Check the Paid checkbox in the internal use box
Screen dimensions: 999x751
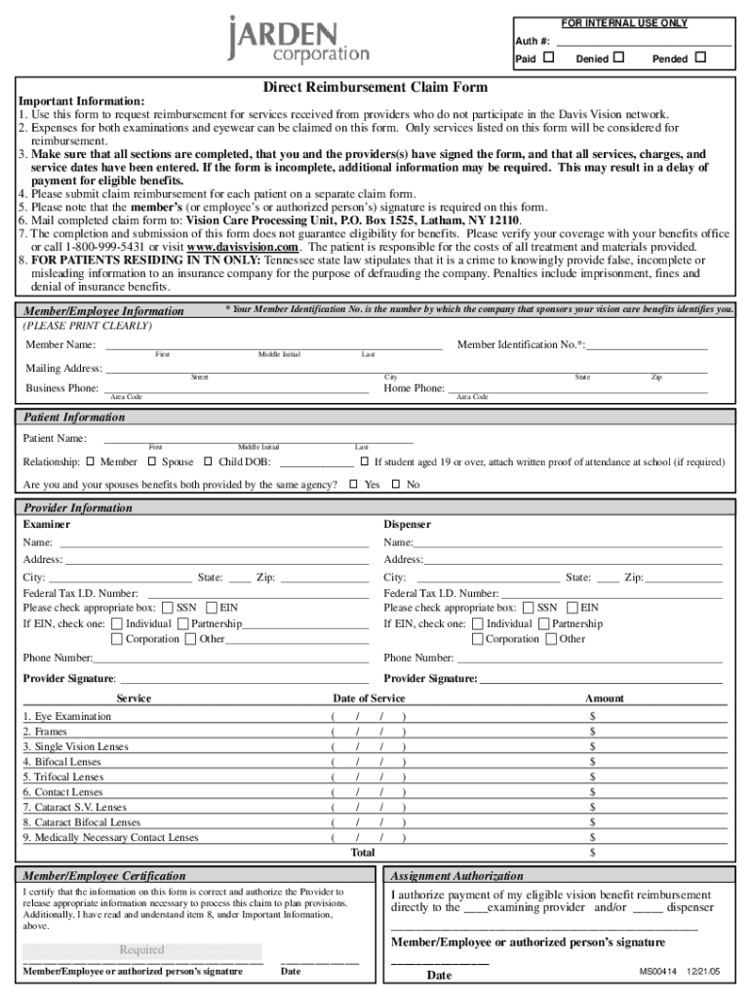click(x=548, y=59)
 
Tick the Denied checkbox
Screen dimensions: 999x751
click(x=617, y=59)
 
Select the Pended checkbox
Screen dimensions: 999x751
click(x=699, y=59)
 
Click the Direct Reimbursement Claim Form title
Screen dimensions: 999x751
click(x=375, y=87)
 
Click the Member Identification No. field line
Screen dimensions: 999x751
click(x=646, y=345)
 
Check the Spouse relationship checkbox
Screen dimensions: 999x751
click(x=152, y=461)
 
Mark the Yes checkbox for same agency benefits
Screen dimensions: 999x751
click(x=354, y=484)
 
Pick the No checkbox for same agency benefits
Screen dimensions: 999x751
click(x=396, y=484)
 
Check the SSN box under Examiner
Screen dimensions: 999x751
click(x=168, y=608)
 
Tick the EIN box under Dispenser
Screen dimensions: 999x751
click(x=572, y=608)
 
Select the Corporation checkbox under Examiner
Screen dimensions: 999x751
click(x=117, y=639)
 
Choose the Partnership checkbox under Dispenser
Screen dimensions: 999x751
click(x=543, y=623)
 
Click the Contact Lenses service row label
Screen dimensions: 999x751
click(x=63, y=792)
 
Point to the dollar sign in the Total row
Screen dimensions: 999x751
click(x=592, y=853)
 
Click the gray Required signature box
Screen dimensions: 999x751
click(x=142, y=950)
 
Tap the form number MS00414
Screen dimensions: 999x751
click(x=657, y=972)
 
